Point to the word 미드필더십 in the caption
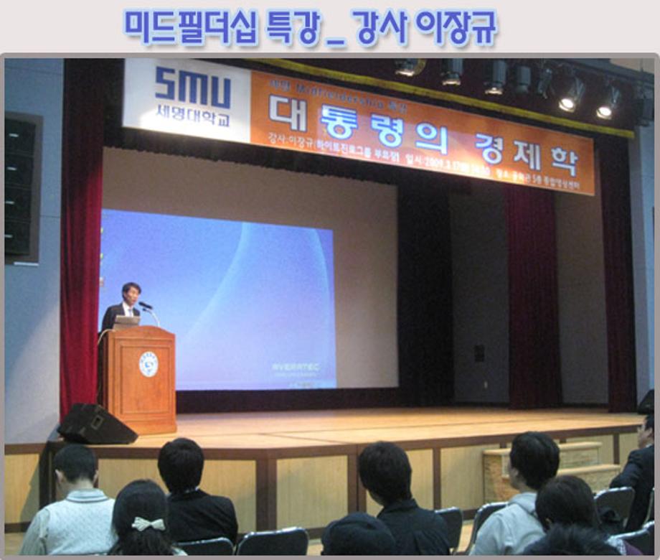[x=189, y=27]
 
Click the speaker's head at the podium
[x=131, y=293]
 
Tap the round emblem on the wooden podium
[x=148, y=364]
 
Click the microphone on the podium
[x=146, y=307]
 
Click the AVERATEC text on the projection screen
[x=295, y=367]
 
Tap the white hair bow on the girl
[x=148, y=524]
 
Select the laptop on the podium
[x=126, y=322]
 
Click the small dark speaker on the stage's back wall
[x=479, y=353]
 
